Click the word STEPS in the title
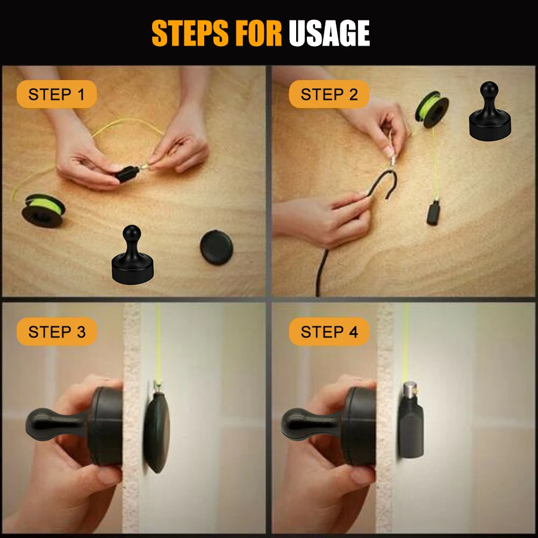coord(190,33)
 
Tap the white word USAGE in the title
coord(329,33)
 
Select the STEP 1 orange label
coord(56,95)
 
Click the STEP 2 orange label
coord(329,95)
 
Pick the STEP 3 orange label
coord(56,332)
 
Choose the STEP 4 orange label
coord(329,332)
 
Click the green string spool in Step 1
coord(44,210)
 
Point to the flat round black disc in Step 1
coord(217,247)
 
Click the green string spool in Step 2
coord(432,109)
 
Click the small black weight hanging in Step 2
coord(433,213)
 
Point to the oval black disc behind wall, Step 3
coord(156,432)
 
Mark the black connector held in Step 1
coord(127,174)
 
